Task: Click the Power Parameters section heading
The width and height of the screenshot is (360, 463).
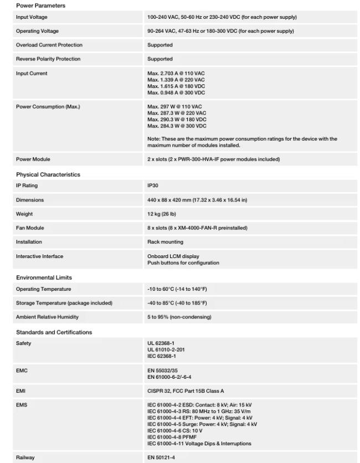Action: [40, 6]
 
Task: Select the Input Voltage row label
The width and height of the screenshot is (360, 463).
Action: [32, 17]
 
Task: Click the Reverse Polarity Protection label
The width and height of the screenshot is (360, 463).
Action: [48, 59]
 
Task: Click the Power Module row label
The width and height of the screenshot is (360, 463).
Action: [33, 160]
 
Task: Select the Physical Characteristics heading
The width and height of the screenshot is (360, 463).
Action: [48, 174]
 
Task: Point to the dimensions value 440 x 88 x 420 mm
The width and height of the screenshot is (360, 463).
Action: [197, 200]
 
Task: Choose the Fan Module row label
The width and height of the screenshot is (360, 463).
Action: [30, 228]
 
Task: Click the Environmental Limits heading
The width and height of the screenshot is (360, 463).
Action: [44, 277]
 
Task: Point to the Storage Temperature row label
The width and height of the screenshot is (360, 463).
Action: [64, 303]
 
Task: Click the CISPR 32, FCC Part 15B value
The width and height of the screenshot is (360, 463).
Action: [191, 391]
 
